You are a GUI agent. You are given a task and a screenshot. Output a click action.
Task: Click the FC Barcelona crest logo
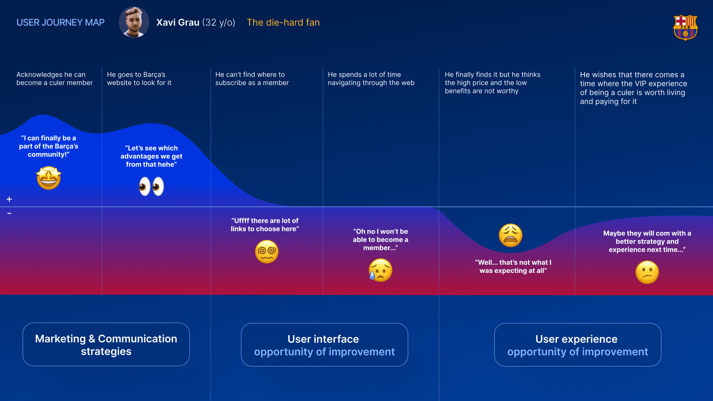tap(685, 27)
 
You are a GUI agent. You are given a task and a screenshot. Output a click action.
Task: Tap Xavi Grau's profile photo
tap(134, 22)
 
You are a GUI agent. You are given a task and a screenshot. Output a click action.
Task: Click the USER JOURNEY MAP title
tap(61, 23)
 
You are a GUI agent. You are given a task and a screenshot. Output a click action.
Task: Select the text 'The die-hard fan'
tap(283, 23)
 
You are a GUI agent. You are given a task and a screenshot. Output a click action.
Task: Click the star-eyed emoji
tap(49, 178)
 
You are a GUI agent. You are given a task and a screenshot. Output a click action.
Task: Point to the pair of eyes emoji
tap(152, 186)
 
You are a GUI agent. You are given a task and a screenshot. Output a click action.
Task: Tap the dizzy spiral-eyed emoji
tap(267, 252)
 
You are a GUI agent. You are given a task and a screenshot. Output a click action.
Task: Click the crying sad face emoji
tap(380, 270)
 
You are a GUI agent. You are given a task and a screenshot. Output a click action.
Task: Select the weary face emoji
tap(511, 235)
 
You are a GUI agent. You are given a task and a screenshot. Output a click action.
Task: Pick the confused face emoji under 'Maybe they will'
tap(647, 273)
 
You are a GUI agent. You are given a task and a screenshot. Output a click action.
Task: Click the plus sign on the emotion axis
tap(9, 199)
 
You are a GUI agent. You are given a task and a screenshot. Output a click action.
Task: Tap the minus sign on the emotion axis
tap(9, 213)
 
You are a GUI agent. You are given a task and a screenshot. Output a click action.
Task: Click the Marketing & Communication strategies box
tap(106, 345)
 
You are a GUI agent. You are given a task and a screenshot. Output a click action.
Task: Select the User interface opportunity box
tap(324, 345)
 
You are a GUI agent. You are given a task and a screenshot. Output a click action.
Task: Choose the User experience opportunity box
tap(577, 345)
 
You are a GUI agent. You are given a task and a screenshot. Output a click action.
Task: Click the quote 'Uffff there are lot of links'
tap(265, 225)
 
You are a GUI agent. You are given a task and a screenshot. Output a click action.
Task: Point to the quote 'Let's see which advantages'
tap(152, 156)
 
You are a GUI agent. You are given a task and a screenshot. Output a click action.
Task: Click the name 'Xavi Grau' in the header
tap(178, 23)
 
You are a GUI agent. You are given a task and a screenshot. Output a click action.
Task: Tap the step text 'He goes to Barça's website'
tap(139, 79)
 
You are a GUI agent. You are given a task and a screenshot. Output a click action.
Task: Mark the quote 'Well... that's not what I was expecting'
tap(513, 267)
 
